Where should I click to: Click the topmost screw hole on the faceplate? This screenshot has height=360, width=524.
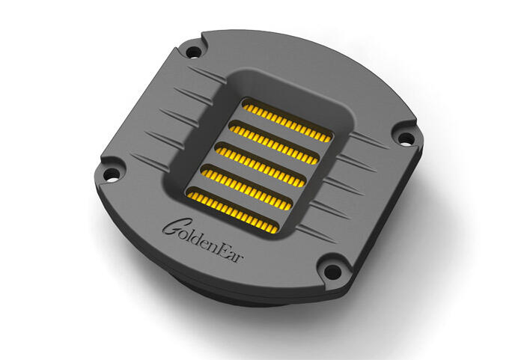click(193, 52)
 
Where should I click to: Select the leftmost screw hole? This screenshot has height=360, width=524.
click(111, 174)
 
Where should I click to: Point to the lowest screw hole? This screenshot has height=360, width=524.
click(332, 272)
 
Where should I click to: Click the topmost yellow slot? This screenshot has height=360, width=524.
click(287, 120)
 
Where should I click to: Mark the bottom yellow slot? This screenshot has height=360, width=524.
click(233, 210)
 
